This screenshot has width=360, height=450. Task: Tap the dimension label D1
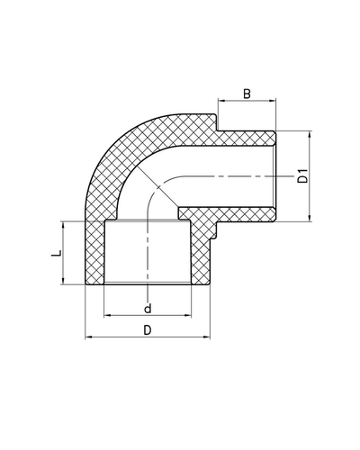(303, 174)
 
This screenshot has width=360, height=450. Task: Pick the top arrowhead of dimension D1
(310, 135)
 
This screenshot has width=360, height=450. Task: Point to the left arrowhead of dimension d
(107, 315)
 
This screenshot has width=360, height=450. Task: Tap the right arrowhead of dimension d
(190, 315)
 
